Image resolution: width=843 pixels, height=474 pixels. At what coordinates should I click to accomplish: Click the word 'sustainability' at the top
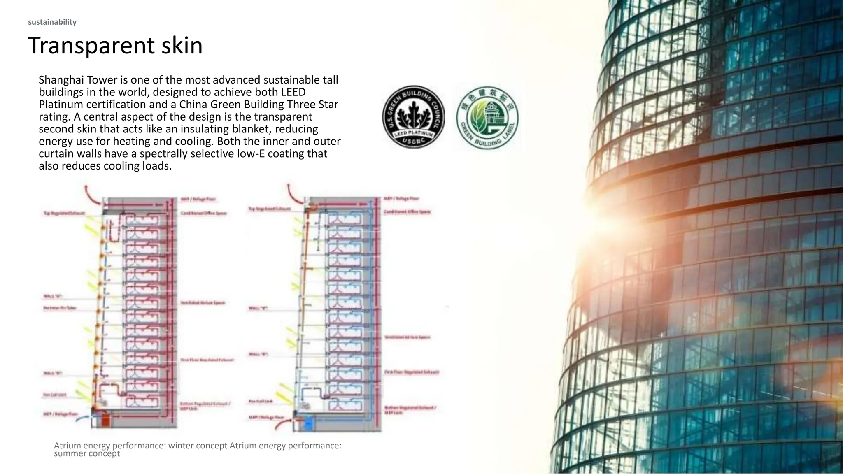tap(52, 22)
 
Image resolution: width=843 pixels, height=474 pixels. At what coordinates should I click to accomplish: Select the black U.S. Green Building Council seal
tap(413, 117)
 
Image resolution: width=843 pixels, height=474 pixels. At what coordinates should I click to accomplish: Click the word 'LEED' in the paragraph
tap(293, 92)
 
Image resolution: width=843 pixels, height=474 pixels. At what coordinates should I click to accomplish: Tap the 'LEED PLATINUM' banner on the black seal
tap(413, 135)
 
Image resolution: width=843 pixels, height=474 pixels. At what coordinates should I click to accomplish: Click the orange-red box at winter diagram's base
tap(106, 421)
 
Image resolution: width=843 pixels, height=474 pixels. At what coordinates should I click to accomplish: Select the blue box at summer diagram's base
tap(308, 424)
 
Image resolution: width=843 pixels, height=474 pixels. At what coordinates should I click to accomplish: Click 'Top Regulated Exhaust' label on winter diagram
tap(64, 213)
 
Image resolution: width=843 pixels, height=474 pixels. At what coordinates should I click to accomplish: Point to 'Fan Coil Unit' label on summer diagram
tap(261, 401)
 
